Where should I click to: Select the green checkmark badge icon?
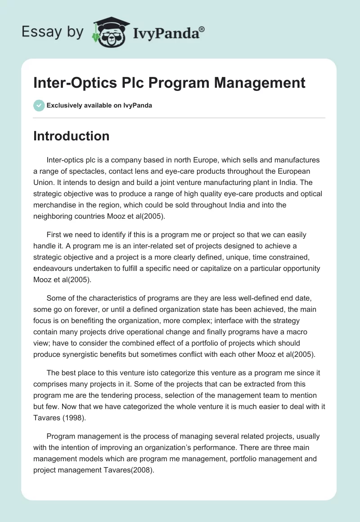pos(39,105)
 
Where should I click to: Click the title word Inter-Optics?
pos(72,83)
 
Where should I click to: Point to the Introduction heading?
pos(72,136)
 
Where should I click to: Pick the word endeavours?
pos(54,268)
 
